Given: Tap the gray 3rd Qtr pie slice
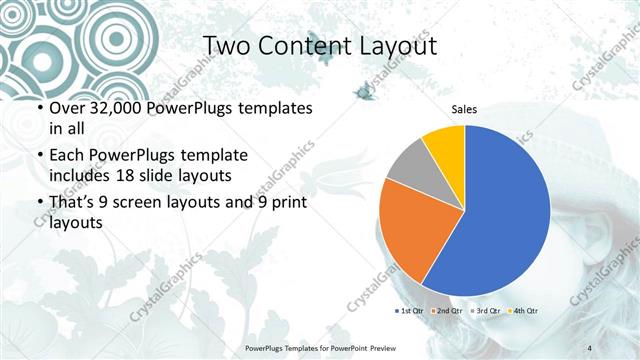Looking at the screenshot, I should point(408,164).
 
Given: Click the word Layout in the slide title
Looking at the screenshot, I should point(391,46).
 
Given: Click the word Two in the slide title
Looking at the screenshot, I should point(228,46).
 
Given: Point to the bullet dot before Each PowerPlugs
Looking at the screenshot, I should point(39,156).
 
